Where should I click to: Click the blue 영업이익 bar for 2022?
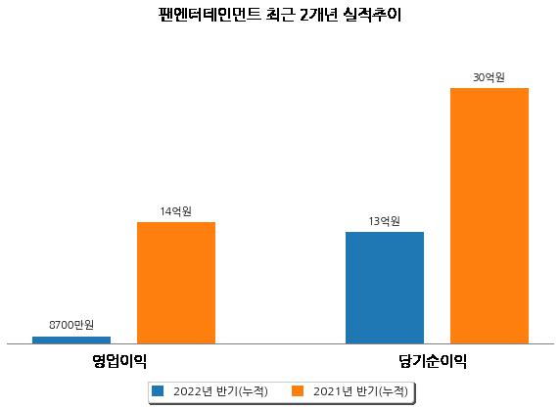click(71, 341)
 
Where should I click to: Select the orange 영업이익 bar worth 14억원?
click(176, 283)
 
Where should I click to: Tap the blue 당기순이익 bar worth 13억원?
click(385, 288)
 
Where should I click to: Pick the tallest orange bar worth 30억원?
click(490, 216)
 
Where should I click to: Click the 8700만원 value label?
click(71, 325)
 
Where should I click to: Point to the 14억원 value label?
click(175, 211)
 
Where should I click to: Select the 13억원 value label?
click(385, 221)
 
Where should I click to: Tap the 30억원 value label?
click(489, 77)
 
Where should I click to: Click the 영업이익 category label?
click(119, 361)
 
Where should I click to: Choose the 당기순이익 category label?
click(433, 361)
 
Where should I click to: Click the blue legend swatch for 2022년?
click(158, 390)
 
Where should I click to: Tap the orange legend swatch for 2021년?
click(298, 390)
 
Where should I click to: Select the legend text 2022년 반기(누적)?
click(220, 391)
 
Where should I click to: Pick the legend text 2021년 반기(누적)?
click(360, 391)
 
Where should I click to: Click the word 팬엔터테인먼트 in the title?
click(210, 15)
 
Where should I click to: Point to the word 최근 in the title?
click(280, 15)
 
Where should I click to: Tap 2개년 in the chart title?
click(318, 15)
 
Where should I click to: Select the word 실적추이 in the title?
click(372, 15)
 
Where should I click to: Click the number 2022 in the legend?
click(188, 391)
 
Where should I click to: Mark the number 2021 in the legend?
click(327, 391)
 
